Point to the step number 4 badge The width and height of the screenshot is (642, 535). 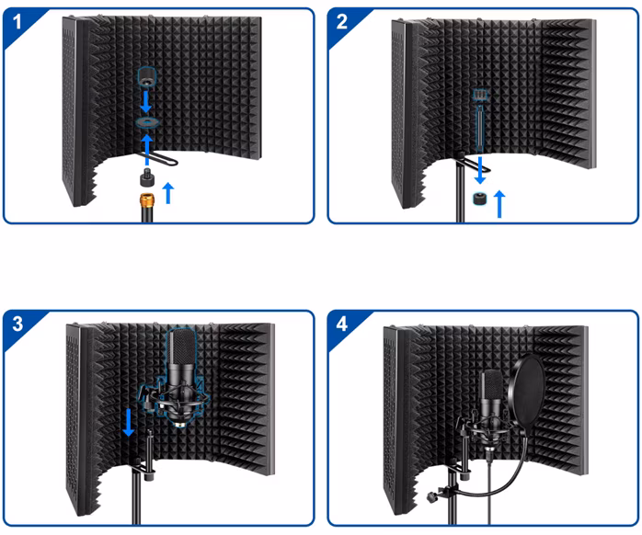click(x=342, y=324)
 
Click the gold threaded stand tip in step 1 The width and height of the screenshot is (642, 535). click(x=145, y=199)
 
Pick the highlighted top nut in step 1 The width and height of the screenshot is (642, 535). click(x=145, y=74)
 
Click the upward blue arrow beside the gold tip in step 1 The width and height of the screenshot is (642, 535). click(x=166, y=192)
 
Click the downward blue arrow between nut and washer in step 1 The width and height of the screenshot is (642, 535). click(x=145, y=97)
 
